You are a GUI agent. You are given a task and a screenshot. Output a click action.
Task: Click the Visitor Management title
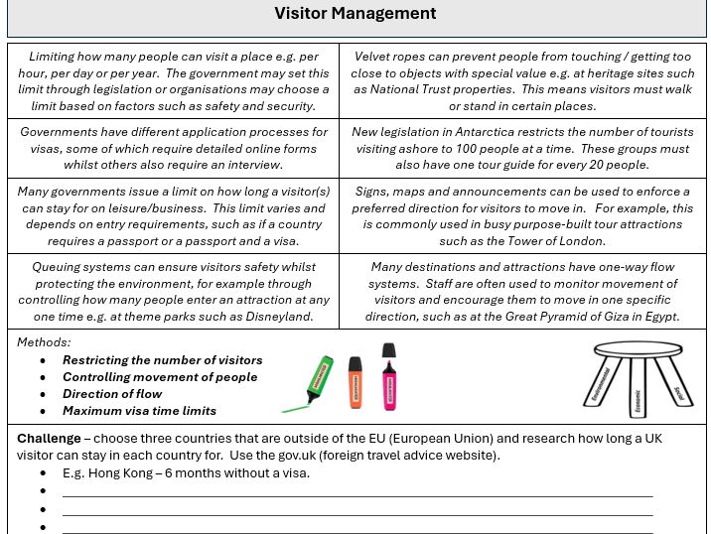click(355, 14)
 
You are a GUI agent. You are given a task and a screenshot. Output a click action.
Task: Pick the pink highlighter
click(388, 377)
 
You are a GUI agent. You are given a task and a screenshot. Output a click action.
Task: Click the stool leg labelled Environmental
click(603, 387)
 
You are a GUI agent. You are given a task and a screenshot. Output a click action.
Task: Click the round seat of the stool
click(639, 350)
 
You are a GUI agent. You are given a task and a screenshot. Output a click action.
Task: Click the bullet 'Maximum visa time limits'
click(139, 411)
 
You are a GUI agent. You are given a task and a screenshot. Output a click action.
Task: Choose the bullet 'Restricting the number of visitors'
click(162, 360)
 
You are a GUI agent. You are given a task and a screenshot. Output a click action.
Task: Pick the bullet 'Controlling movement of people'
click(159, 377)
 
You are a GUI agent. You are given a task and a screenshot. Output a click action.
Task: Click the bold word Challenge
click(49, 439)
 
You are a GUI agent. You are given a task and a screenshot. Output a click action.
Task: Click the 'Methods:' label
click(44, 342)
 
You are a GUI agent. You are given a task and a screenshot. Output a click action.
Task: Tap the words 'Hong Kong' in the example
click(120, 473)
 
